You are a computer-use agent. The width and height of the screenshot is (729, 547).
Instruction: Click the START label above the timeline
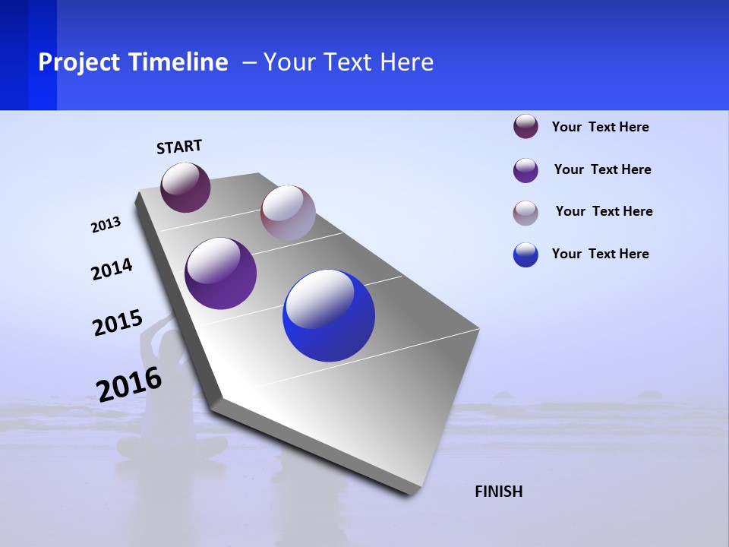[x=179, y=147]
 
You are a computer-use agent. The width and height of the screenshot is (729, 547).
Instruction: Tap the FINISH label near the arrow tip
[x=498, y=492]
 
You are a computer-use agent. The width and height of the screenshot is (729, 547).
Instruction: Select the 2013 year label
[x=106, y=225]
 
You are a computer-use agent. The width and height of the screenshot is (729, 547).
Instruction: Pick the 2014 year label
[x=112, y=269]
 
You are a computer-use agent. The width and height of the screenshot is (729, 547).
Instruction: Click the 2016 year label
[x=129, y=384]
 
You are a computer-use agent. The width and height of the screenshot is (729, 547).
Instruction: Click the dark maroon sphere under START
[x=185, y=188]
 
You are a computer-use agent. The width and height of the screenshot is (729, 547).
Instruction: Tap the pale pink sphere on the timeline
[x=288, y=213]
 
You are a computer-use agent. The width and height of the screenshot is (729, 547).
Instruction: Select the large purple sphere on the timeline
[x=221, y=273]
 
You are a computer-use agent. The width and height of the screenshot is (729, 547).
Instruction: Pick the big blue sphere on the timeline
[x=329, y=315]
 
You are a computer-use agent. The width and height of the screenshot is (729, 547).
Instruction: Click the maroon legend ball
[x=525, y=127]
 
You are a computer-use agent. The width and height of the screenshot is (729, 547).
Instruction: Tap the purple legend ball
[x=525, y=170]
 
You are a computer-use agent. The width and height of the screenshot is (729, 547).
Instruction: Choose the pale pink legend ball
[x=525, y=213]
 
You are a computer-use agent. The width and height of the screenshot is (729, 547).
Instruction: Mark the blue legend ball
[x=525, y=255]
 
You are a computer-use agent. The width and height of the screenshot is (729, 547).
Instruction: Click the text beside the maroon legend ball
[x=600, y=127]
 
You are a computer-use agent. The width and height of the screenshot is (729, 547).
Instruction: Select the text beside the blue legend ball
[x=600, y=254]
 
